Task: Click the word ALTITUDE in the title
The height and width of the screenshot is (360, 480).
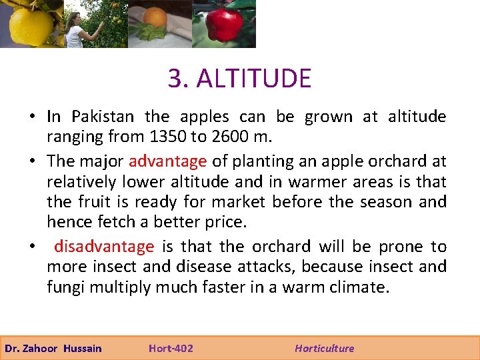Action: coord(254,79)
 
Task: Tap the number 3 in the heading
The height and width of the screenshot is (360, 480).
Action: coord(175,79)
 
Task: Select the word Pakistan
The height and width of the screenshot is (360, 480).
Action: coord(103,117)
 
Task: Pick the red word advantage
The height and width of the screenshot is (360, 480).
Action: coord(167,161)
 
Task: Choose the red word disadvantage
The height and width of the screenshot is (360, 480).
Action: coord(104,247)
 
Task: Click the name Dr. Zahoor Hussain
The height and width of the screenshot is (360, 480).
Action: coord(53,348)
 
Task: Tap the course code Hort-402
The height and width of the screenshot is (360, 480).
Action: coord(171,348)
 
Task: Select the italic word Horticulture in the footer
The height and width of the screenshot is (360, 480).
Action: coord(325,348)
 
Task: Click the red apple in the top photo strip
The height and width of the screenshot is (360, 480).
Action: coord(224,25)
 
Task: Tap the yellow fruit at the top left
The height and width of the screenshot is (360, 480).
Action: coord(30,25)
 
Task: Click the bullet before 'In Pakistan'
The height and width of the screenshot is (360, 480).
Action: coord(32,117)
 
